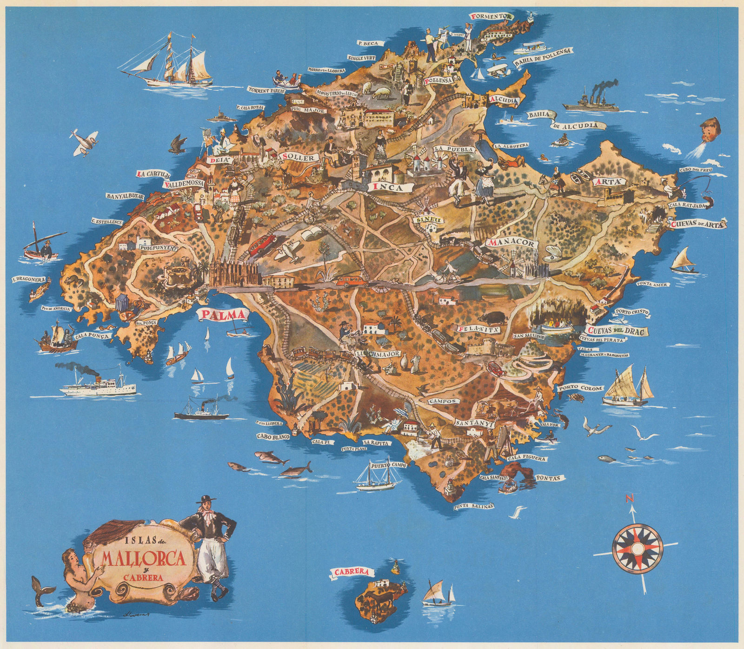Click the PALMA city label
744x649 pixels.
[223, 315]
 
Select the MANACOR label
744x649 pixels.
[512, 243]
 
